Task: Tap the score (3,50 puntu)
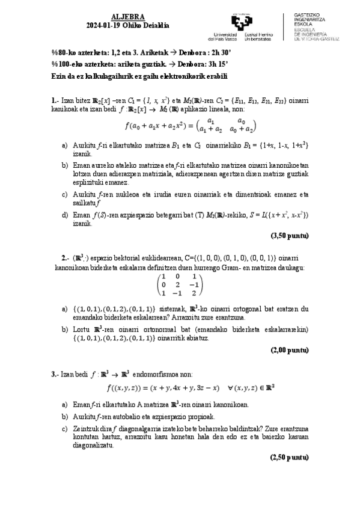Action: (x=290, y=235)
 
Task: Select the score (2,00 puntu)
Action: (x=290, y=349)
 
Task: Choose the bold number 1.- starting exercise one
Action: (x=54, y=99)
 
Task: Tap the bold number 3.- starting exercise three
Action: (x=54, y=374)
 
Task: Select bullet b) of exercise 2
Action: (x=65, y=329)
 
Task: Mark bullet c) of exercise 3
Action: (x=65, y=428)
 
